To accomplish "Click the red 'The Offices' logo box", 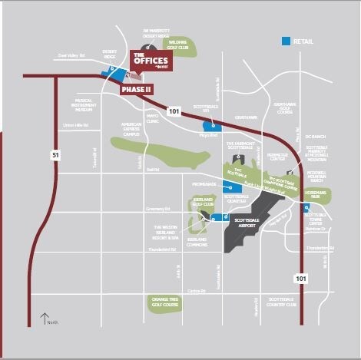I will (x=151, y=60).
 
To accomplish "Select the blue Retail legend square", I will (x=286, y=40).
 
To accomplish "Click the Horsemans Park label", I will (x=316, y=195).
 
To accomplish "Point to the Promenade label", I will (x=204, y=184).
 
